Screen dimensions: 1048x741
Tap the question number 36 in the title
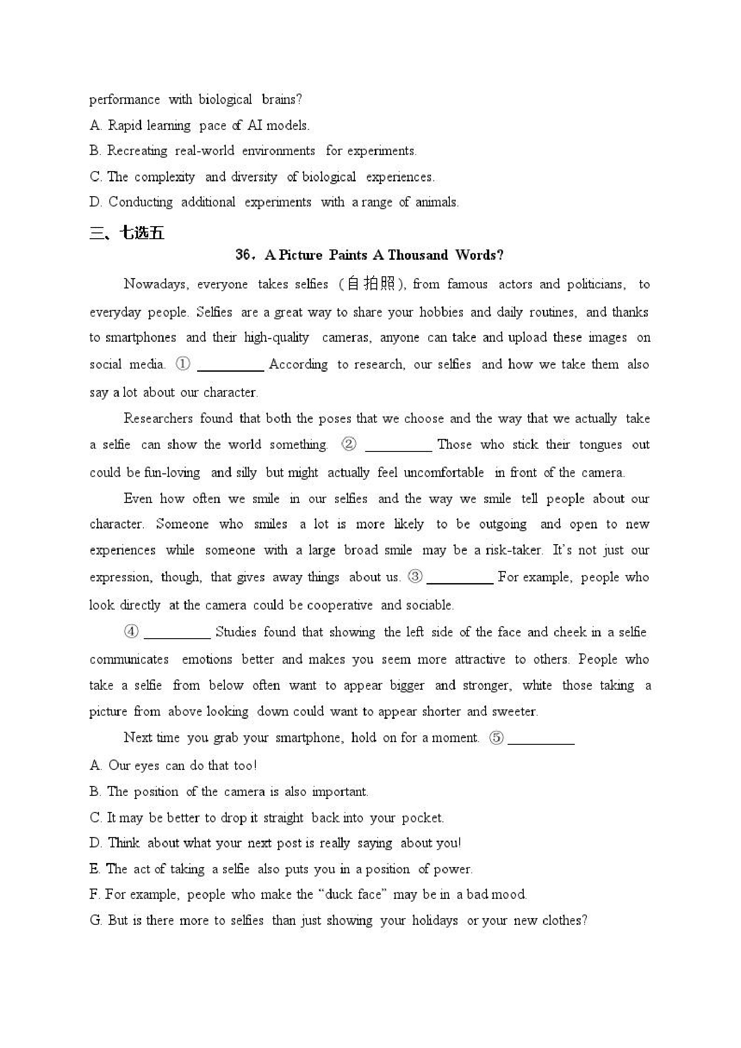click(242, 255)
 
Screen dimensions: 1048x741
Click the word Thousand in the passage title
click(418, 255)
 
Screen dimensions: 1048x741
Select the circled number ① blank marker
click(183, 364)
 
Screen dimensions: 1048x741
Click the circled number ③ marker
click(415, 577)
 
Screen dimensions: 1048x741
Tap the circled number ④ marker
click(131, 632)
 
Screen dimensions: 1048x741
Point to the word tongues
click(600, 445)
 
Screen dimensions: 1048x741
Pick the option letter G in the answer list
click(95, 920)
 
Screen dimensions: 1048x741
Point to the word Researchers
click(158, 418)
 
